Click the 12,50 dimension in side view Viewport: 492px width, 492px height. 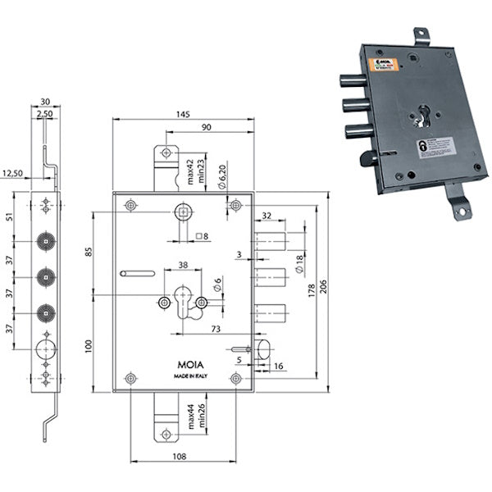pos(13,173)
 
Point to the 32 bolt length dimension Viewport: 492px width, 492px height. pos(267,217)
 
